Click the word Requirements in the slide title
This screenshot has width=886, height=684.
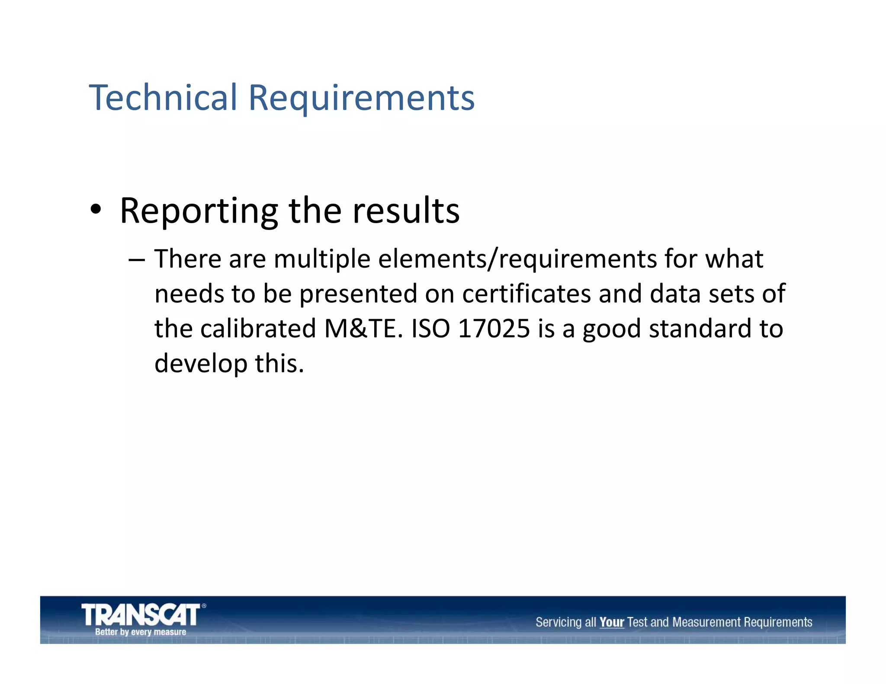(x=361, y=99)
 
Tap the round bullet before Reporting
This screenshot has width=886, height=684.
(x=96, y=210)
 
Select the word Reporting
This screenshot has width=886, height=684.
(x=199, y=211)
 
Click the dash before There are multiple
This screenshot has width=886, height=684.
(x=136, y=260)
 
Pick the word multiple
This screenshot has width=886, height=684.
(x=322, y=260)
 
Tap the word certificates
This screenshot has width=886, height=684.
(x=526, y=294)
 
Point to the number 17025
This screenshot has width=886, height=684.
(x=494, y=329)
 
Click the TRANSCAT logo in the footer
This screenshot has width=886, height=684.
(x=141, y=615)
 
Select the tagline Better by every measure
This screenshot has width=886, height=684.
(x=141, y=632)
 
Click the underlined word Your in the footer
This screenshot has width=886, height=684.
(x=611, y=623)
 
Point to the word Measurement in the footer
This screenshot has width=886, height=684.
(x=706, y=623)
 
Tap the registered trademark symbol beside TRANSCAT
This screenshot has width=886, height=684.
(x=204, y=606)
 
